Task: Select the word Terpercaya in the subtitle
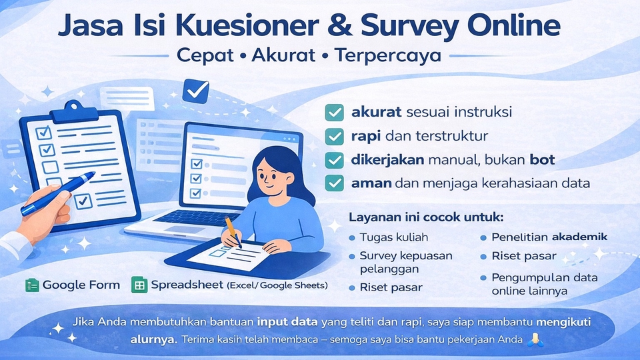(388, 56)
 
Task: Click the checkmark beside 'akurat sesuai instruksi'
(334, 113)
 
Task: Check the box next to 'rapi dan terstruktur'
(334, 136)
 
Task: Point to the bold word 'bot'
(542, 159)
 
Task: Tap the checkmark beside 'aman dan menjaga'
(334, 183)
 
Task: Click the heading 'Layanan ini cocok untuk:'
(426, 217)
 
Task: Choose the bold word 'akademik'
(579, 237)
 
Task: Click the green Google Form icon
(32, 285)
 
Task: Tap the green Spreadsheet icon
(139, 285)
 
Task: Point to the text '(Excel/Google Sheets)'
(277, 285)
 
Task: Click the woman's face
(273, 176)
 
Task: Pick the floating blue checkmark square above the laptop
(195, 91)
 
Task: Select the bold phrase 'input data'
(287, 322)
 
